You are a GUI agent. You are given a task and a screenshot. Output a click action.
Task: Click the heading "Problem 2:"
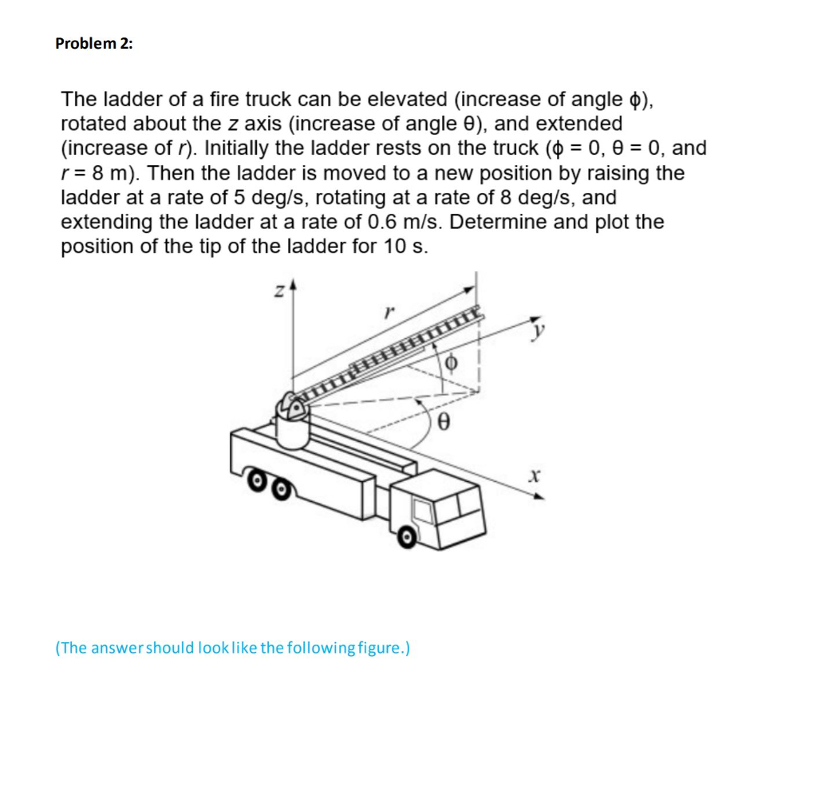(94, 44)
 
